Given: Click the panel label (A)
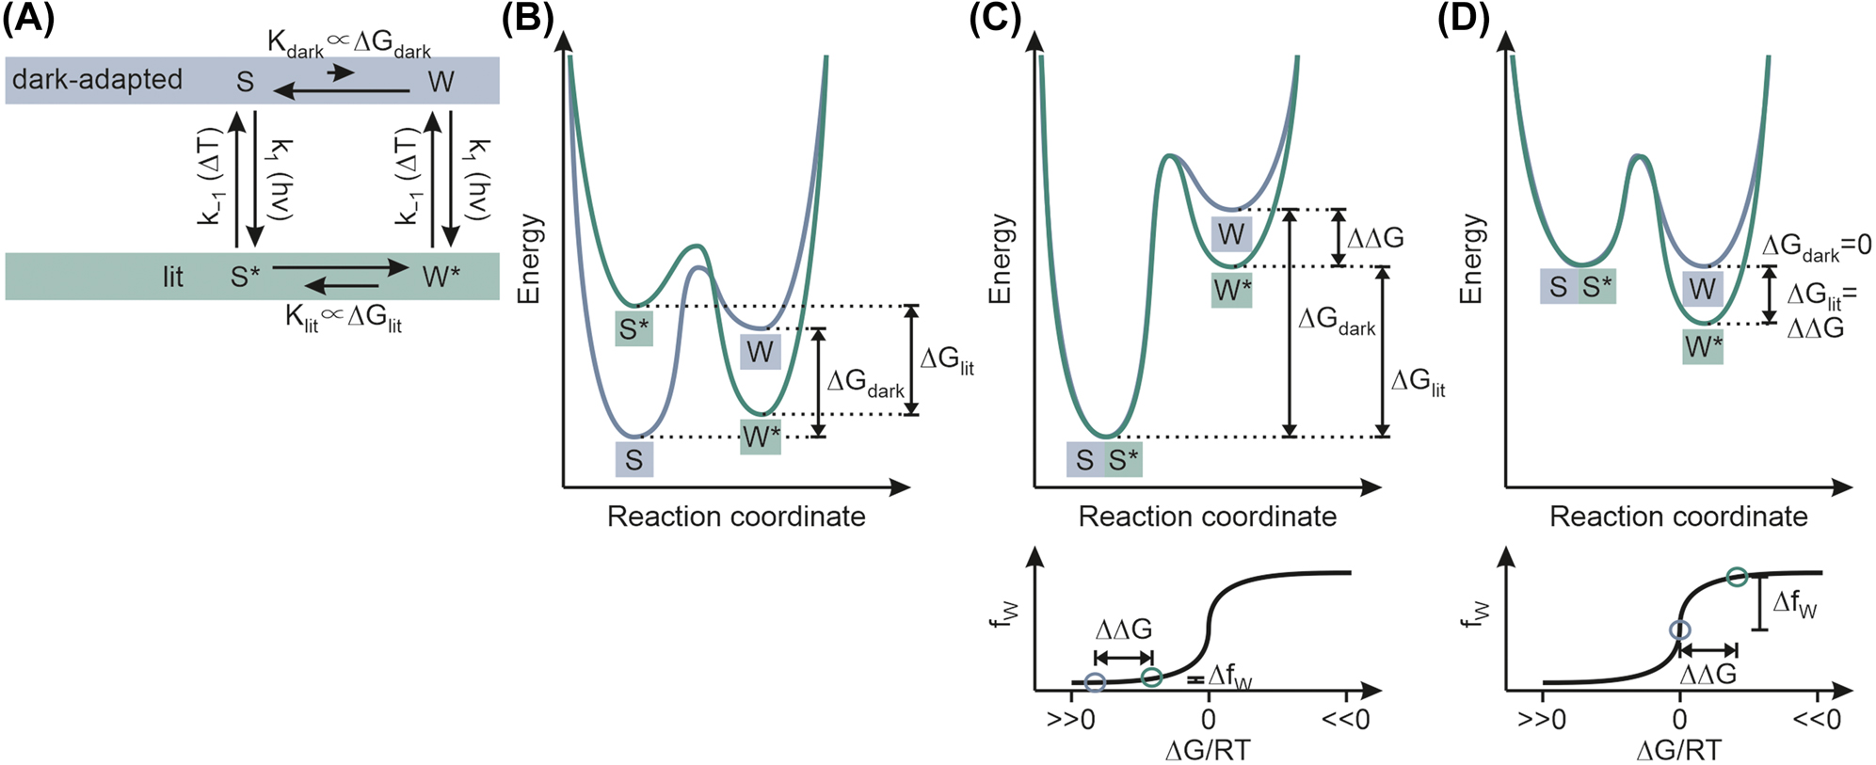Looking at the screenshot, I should (x=28, y=19).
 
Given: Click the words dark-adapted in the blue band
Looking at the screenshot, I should (x=97, y=79).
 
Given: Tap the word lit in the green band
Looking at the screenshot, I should (x=172, y=277).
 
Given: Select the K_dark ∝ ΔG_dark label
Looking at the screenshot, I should (x=348, y=43).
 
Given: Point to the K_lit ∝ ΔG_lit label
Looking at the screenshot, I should (x=344, y=317).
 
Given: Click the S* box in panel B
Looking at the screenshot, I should (x=633, y=329).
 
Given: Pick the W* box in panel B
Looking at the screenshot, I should (x=761, y=437).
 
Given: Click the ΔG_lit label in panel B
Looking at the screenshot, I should (x=946, y=360).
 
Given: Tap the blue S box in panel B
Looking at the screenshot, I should (x=634, y=460).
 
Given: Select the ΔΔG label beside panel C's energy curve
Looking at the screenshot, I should (x=1375, y=238).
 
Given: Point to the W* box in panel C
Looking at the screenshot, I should (x=1231, y=291).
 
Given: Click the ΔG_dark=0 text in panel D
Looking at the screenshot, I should (x=1816, y=247).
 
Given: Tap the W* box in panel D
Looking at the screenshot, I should (x=1703, y=347).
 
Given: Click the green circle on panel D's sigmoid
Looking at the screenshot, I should (x=1737, y=577).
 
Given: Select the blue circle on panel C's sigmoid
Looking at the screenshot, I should (x=1094, y=683).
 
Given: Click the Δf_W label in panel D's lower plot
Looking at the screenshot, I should (x=1794, y=604).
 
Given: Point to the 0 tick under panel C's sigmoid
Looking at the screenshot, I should (x=1209, y=720).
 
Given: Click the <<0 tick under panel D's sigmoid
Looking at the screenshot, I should (x=1816, y=720).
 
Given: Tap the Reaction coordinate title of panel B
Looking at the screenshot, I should (x=736, y=517).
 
